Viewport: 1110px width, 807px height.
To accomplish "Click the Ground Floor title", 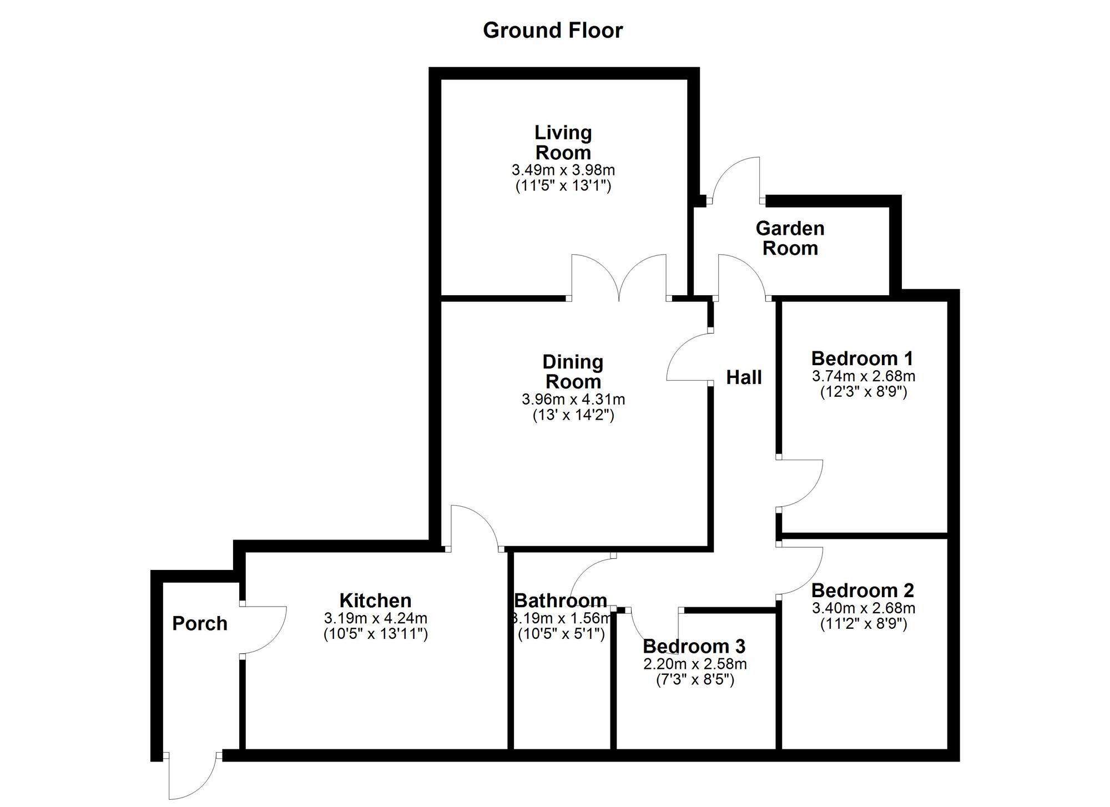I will [553, 31].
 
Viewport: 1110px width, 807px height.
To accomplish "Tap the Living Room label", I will [563, 143].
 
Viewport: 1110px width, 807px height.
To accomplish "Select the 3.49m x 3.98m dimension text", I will [563, 170].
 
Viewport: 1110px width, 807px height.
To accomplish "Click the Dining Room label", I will [573, 372].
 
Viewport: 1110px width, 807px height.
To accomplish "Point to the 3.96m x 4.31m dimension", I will [573, 399].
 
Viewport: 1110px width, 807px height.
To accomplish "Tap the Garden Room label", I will [790, 238].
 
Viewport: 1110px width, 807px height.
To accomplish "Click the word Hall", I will [744, 377].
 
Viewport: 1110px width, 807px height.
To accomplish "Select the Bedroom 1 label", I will [862, 358].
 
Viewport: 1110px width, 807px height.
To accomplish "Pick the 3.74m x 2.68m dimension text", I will [864, 376].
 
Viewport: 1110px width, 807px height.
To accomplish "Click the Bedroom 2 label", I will [862, 590].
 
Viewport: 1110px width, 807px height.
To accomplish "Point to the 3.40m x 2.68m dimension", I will [864, 608].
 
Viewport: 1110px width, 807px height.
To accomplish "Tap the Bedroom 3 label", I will [694, 646].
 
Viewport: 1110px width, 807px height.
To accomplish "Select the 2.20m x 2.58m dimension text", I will [695, 664].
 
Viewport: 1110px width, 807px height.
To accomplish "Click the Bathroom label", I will [561, 601].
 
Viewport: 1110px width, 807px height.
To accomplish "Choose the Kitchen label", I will [375, 601].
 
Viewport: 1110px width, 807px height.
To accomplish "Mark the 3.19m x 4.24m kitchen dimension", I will [376, 618].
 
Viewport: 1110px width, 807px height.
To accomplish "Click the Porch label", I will [200, 623].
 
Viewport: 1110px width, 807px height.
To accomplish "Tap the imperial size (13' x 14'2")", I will [573, 415].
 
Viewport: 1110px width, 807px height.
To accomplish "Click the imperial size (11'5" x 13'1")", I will [563, 186].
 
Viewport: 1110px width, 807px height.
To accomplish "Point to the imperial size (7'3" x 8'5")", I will [695, 679].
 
